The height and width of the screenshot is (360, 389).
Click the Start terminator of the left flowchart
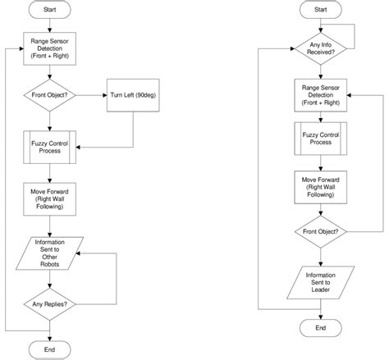point(50,10)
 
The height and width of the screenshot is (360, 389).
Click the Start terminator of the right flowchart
point(321,10)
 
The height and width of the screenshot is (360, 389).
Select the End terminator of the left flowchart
point(50,349)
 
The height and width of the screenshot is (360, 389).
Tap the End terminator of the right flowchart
point(321,328)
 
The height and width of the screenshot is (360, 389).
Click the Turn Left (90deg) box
point(133,95)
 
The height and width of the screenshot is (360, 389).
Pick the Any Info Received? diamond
point(321,48)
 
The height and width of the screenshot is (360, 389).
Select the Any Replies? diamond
point(50,304)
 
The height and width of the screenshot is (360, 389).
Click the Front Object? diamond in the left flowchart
point(50,95)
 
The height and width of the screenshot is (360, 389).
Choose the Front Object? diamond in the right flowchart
point(321,232)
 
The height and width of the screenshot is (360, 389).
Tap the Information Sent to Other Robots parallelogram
point(50,253)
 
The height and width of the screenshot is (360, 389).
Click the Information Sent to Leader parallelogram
point(321,282)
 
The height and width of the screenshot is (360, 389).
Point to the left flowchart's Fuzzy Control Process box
point(50,148)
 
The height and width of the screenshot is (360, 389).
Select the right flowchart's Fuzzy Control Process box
point(321,139)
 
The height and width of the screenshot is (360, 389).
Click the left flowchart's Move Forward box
point(50,199)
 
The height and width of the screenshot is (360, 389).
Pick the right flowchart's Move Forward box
point(321,188)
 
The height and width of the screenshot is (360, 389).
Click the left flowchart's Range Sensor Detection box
point(50,48)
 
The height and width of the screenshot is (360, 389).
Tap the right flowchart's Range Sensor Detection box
point(321,95)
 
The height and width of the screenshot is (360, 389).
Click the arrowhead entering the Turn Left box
point(105,95)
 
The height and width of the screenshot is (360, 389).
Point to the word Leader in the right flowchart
point(321,289)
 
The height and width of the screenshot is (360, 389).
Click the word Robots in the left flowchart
point(50,264)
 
